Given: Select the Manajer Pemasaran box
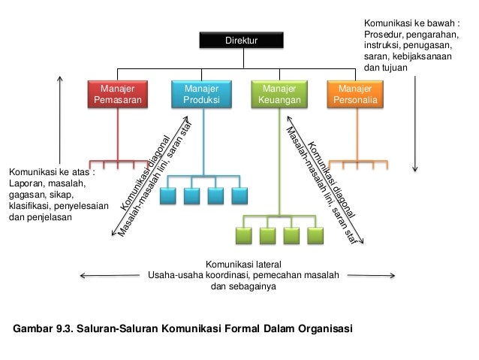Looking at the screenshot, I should tap(116, 93).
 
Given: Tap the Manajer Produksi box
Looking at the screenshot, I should tap(199, 93).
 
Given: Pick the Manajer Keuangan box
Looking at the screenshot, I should tap(279, 93).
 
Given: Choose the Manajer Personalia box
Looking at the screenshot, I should tap(355, 93).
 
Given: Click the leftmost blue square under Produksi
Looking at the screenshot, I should tap(167, 196).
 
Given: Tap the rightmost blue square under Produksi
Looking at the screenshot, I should tap(239, 196).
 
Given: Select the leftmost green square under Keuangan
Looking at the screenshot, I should tap(243, 236).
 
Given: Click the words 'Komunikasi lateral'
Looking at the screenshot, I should tap(243, 262).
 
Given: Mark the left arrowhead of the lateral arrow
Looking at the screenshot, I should tap(81, 274).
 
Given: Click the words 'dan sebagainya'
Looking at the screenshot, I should tap(243, 286).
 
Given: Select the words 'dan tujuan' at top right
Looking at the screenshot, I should tap(386, 67).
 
